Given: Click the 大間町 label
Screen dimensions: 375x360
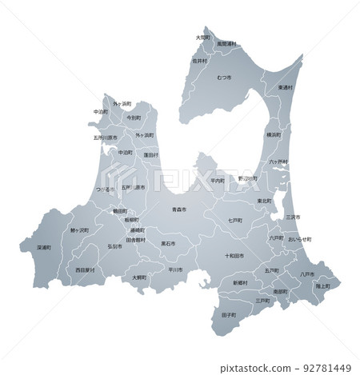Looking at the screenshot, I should pos(203,37).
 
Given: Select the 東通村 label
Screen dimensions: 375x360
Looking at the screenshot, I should pos(286,87).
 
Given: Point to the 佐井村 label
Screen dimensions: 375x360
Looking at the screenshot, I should pos(199,61).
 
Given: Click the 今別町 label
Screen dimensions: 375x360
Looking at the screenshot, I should pos(134,118).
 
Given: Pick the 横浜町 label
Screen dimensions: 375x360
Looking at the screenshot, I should pos(274,136).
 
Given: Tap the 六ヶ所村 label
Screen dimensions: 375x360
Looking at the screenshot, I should pos(278,162).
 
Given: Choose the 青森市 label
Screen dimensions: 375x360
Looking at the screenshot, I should pos(178,209).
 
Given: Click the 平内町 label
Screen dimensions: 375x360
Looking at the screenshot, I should pos(218,181).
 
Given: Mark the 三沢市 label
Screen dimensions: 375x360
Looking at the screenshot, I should pos(293,217).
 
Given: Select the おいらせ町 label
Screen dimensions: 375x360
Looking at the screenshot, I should pos(299,239).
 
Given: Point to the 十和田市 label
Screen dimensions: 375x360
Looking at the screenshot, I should pos(236,256).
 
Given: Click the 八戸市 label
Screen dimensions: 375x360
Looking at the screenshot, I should pos(306,274).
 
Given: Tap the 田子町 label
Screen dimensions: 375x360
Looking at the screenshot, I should pos(228,316).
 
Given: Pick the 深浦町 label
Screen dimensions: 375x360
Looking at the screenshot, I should pos(45,247).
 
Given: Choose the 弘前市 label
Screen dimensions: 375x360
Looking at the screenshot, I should pos(115,247).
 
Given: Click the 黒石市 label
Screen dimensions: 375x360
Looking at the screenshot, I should pos(169,243).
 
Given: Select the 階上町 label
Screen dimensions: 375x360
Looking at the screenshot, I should pos(323,285).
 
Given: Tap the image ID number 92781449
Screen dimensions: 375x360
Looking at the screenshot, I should pos(323,369).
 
